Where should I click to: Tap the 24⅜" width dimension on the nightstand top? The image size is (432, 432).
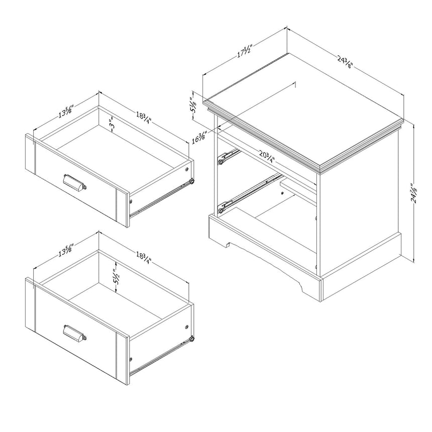pos(345,62)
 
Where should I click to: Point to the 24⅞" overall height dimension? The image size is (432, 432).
pos(413,193)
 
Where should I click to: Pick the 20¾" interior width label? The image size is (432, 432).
pos(267,157)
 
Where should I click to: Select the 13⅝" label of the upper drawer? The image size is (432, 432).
pos(66,111)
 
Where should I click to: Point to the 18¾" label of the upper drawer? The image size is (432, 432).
pos(144,118)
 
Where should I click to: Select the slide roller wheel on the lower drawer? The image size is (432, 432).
pos(191,339)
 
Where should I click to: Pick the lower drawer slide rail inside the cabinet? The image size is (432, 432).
pos(249,193)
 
